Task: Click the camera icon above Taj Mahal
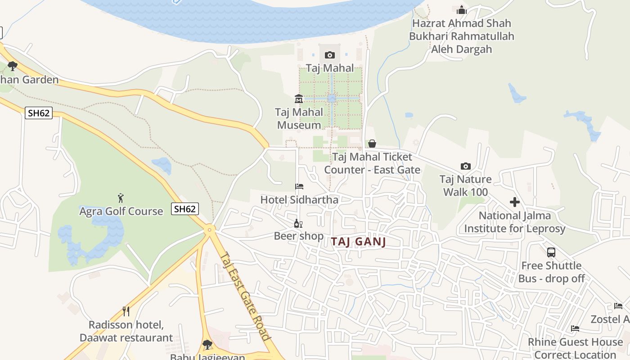click(x=330, y=55)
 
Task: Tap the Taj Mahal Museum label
click(x=299, y=118)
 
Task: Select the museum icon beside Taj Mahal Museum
click(x=299, y=99)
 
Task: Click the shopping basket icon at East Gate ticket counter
click(x=372, y=144)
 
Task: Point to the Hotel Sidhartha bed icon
click(x=299, y=186)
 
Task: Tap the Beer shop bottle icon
click(x=298, y=223)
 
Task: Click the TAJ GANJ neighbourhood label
click(x=359, y=242)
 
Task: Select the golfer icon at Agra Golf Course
click(x=121, y=198)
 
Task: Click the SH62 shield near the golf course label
click(x=185, y=209)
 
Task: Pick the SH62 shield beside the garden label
click(x=39, y=113)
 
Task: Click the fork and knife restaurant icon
click(x=126, y=311)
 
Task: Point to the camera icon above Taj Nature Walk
click(x=466, y=166)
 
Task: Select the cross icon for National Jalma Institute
click(x=515, y=202)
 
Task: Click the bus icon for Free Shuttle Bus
click(x=551, y=252)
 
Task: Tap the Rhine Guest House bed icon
click(x=575, y=328)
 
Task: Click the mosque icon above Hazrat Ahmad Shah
click(x=461, y=10)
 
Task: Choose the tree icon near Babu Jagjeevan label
click(x=207, y=345)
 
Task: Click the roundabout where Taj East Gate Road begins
click(x=209, y=229)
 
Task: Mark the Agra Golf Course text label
click(x=121, y=211)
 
